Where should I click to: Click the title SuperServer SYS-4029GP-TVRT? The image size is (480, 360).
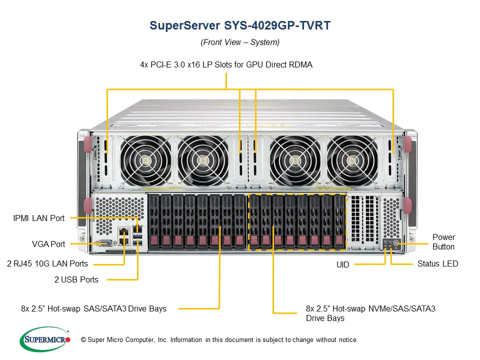(240, 26)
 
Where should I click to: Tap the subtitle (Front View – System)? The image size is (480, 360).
(240, 42)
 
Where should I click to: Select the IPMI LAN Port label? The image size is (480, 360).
(38, 218)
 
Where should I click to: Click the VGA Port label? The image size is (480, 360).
(48, 244)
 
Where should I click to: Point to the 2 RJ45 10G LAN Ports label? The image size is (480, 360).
(47, 263)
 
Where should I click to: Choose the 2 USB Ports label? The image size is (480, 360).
(76, 279)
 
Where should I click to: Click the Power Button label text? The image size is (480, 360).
(443, 241)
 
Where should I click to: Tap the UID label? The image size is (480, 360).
(343, 264)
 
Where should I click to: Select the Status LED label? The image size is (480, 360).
(437, 263)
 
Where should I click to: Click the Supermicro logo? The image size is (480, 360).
(45, 339)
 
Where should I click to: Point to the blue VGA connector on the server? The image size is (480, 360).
(105, 243)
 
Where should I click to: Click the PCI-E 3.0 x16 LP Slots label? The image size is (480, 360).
(226, 64)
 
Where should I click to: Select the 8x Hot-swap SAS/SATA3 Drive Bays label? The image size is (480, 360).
(93, 308)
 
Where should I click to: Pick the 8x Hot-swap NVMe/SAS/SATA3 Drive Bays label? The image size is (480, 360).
(370, 313)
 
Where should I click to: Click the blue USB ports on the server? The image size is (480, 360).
(138, 238)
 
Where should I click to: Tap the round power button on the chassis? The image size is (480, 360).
(396, 244)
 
